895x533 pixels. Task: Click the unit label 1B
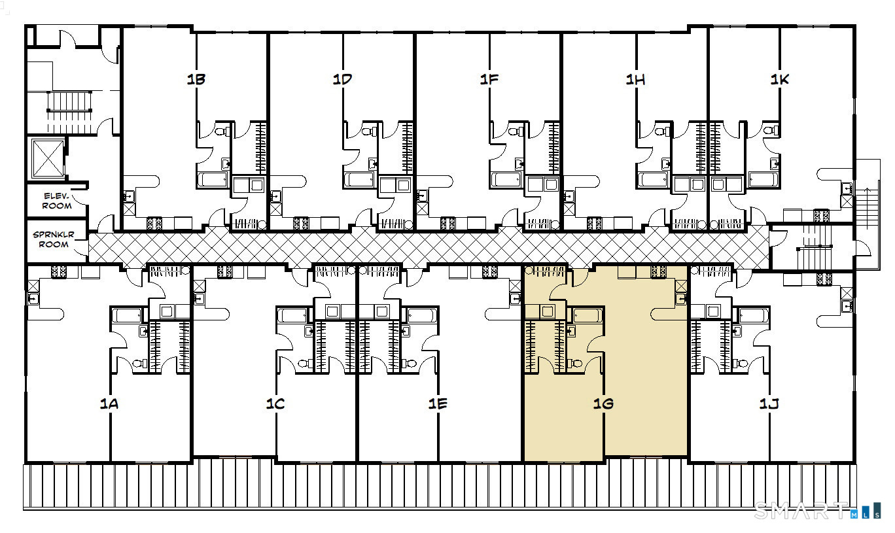coord(196,79)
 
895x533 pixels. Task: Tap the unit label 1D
coord(342,79)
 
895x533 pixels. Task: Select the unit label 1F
coord(489,79)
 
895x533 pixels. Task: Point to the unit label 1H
coord(635,79)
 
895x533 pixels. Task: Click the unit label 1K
coord(780,79)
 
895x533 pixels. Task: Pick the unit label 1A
coord(109,404)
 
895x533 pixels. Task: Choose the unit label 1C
coord(275,404)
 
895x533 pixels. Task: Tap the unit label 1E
coord(438,404)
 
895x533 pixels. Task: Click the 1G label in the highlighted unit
coord(603,404)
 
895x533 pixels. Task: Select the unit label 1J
coord(769,404)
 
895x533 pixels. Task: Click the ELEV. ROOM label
coord(57,201)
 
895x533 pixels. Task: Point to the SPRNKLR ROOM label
coord(54,239)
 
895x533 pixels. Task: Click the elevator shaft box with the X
coord(48,158)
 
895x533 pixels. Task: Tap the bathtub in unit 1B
coord(213,180)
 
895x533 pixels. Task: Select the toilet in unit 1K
coord(771,130)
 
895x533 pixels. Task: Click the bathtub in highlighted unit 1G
coord(588,315)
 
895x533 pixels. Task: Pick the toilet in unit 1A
coord(139,364)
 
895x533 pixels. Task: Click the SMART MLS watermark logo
coord(818,511)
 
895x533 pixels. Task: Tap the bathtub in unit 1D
coord(359,180)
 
